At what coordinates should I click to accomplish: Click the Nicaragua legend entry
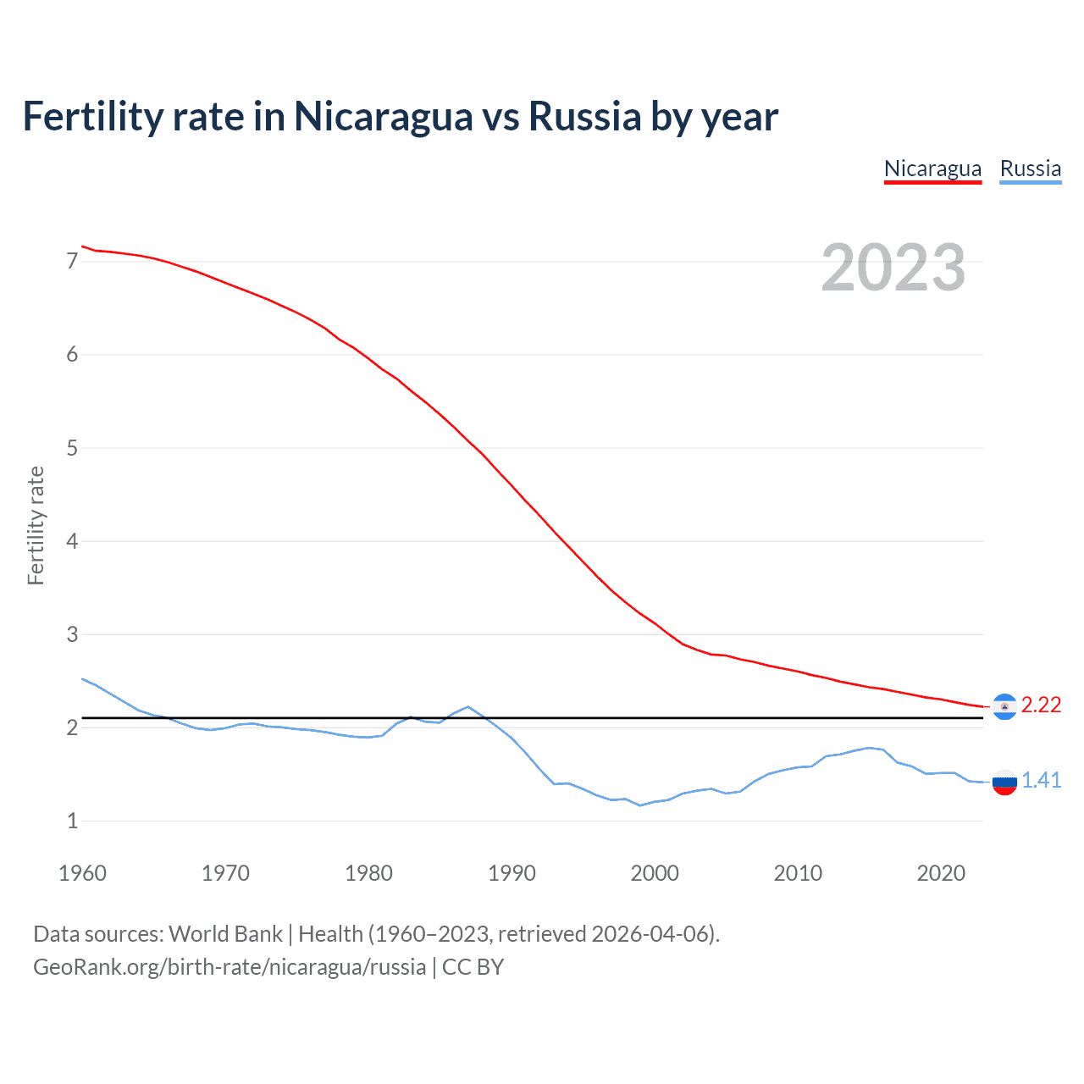coord(932,169)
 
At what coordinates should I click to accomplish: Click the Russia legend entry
coord(1030,169)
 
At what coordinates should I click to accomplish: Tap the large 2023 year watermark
coord(893,268)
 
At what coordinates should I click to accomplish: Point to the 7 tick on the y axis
coord(72,261)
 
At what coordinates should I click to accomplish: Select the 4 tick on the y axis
coord(72,541)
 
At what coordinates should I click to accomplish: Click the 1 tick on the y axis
coord(72,821)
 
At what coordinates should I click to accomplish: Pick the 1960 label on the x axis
coord(82,873)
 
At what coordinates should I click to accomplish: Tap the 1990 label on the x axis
coord(512,873)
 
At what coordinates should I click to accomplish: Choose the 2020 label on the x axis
coord(941,873)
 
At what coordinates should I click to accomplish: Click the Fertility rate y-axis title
coord(36,525)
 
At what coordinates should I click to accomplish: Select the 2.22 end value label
coord(1041,705)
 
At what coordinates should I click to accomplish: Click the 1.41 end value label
coord(1041,781)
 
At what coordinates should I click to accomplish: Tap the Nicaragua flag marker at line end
coord(1004,706)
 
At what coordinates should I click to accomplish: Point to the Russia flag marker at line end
coord(1004,783)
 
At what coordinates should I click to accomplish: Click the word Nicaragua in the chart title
coord(383,117)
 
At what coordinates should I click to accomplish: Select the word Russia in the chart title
coord(584,117)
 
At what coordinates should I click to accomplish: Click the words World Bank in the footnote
coord(225,934)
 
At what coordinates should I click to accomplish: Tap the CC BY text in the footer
coord(473,967)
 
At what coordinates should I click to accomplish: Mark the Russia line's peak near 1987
coord(467,706)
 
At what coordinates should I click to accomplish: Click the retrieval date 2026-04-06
coord(653,934)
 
